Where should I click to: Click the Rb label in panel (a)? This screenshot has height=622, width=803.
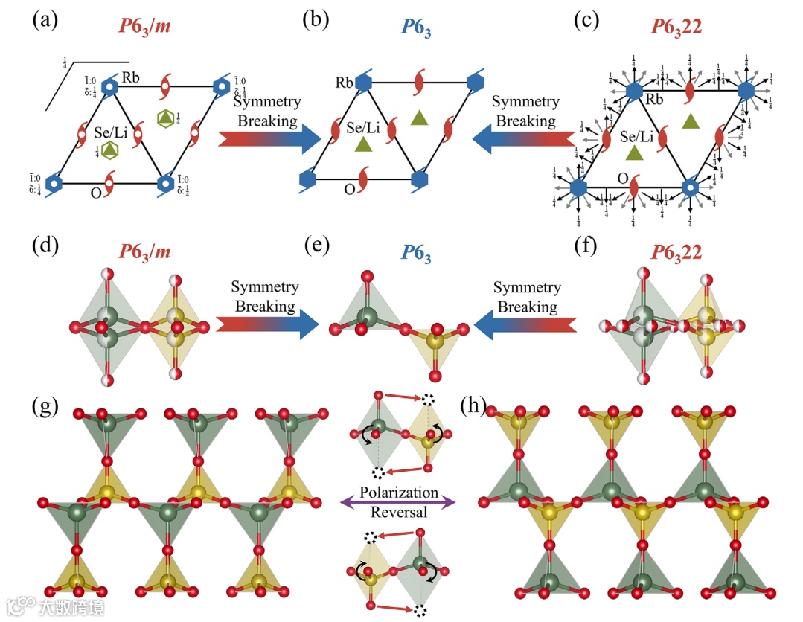click(x=132, y=77)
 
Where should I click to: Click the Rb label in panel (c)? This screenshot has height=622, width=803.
click(x=656, y=100)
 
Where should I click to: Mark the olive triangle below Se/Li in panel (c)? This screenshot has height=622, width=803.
click(x=634, y=153)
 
